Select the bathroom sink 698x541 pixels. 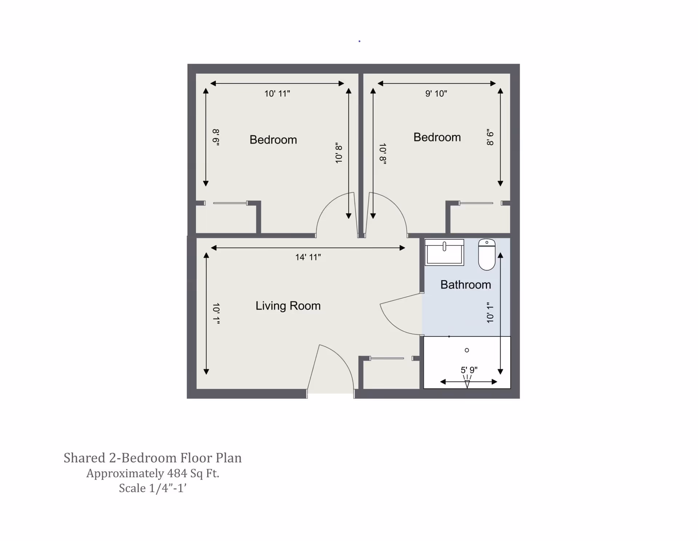444,253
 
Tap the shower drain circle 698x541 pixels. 467,350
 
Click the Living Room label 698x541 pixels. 288,306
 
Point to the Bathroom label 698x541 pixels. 466,285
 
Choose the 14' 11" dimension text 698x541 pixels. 308,257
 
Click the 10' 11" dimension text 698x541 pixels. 277,94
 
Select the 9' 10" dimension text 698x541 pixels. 436,94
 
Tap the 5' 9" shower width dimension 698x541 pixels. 469,370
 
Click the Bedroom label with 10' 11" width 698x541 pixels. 273,140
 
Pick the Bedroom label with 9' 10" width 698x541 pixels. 437,137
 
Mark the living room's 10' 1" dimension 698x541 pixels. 216,313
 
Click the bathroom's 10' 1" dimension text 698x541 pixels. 490,313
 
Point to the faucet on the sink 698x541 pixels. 444,247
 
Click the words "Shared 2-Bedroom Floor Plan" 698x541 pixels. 153,458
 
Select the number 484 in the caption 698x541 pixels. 177,473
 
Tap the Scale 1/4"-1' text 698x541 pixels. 153,488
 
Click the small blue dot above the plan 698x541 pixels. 360,41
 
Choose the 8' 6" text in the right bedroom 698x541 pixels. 490,137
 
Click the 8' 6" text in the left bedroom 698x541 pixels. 216,137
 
